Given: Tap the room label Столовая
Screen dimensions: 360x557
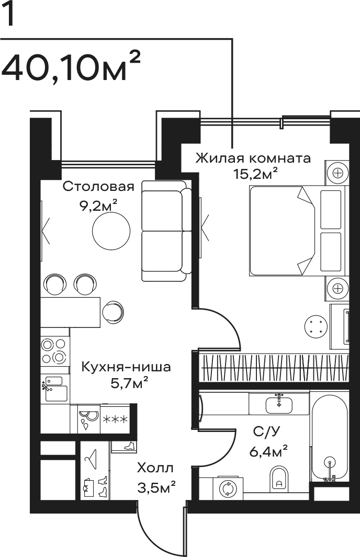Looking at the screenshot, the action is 98,186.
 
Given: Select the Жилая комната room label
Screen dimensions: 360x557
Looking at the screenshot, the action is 253,158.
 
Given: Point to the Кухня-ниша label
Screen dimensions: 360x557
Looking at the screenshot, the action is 126,366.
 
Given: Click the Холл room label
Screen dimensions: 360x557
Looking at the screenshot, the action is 155,468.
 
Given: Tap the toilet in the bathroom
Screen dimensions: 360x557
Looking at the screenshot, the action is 279,479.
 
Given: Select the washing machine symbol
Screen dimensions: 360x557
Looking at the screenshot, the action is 228,488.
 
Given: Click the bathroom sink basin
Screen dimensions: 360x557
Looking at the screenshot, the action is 279,404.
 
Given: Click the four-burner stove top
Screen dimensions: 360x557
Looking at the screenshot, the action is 54,350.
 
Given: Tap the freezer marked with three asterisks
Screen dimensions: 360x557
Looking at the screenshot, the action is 115,419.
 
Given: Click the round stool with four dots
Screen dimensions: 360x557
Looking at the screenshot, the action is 316,326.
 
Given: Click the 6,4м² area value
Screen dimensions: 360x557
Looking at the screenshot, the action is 268,452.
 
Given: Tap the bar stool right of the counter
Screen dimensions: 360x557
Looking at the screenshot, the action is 113,312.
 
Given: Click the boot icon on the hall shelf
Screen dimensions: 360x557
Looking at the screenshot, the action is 128,446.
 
